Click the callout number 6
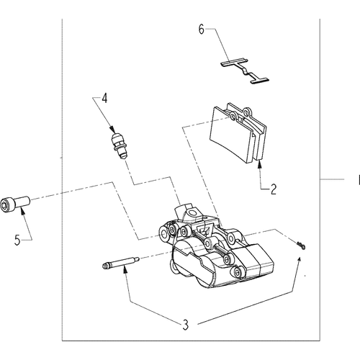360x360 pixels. coord(201,30)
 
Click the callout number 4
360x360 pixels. coord(104,98)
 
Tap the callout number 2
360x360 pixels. coord(274,189)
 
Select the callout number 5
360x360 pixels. coord(17,240)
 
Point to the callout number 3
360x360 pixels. coord(186,325)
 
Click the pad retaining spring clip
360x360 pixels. coord(245,71)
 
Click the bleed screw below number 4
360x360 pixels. coord(120,145)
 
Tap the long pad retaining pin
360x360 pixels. coord(120,263)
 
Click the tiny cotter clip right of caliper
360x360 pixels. coord(301,246)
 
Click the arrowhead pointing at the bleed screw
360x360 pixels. coord(112,130)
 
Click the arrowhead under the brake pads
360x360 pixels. coord(259,165)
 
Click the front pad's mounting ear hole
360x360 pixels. coord(233,117)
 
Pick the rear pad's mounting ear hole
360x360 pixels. coord(246,112)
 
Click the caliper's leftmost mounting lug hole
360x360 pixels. coord(164,233)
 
